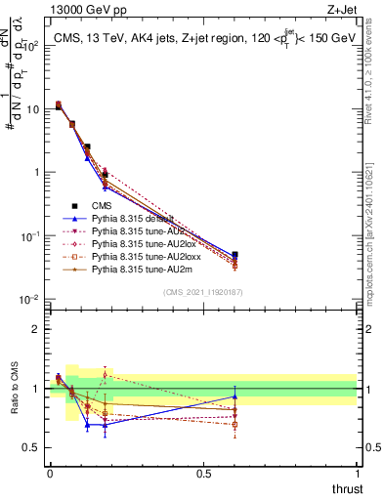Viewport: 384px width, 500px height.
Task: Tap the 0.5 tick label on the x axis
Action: coord(203,474)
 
